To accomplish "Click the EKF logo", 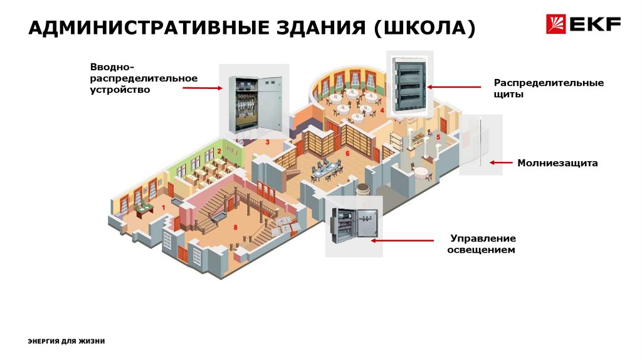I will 583,24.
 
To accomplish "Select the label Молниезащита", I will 557,163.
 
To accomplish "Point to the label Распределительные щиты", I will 549,88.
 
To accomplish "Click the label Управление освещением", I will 483,244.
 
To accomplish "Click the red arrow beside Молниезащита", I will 501,162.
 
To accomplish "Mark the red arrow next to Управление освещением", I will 402,240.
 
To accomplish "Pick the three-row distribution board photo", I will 408,84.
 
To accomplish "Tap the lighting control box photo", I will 352,225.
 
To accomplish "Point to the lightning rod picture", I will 480,144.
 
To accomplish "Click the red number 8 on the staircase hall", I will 235,227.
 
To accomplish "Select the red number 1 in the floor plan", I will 163,206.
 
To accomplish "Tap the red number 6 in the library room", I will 347,152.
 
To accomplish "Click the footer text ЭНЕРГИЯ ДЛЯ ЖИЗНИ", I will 66,341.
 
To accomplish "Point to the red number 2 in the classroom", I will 219,151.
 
